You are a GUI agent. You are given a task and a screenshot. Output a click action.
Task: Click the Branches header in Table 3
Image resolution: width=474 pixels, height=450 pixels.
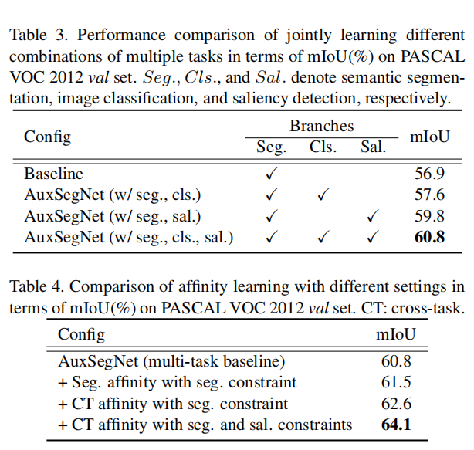point(321,126)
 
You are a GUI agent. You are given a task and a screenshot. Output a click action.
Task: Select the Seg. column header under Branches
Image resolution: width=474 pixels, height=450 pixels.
point(271,147)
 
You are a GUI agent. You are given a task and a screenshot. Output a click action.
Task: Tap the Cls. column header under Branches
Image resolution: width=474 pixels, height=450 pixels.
point(323,147)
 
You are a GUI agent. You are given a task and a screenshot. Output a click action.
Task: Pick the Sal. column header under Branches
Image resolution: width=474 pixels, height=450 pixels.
point(373,147)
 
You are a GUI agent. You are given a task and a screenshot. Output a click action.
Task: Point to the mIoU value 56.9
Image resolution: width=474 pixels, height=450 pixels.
point(429,174)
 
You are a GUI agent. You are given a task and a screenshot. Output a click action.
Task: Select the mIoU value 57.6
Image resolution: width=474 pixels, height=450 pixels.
point(429,195)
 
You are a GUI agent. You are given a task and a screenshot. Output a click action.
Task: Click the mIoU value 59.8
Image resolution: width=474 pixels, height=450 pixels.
point(429,216)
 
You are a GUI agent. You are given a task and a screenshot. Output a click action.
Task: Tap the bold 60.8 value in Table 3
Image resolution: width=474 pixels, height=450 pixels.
point(429,237)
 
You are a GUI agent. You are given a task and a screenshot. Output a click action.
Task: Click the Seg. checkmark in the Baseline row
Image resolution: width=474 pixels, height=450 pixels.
point(271,174)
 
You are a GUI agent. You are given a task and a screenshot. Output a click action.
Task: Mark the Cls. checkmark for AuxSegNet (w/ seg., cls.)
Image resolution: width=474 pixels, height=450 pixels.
point(323,195)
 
